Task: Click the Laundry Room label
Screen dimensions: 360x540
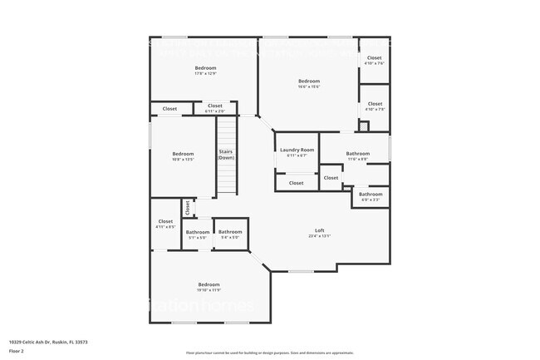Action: click(296, 150)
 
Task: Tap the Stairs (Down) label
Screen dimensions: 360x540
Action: click(226, 154)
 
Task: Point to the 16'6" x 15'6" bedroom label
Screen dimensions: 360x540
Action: click(309, 81)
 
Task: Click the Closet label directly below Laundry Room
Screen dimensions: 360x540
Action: click(296, 183)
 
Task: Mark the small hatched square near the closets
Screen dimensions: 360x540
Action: click(363, 126)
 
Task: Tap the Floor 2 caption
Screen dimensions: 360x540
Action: click(17, 351)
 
